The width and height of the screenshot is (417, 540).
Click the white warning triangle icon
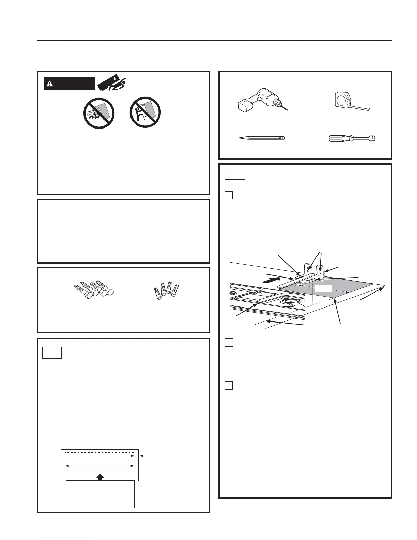50,84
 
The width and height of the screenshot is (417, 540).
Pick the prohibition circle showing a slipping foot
99,113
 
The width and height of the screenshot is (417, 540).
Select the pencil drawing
261,138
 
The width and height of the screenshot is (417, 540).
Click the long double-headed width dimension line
100,465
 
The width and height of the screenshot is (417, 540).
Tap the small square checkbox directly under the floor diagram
229,342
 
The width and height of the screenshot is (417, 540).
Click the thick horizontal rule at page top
215,41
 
